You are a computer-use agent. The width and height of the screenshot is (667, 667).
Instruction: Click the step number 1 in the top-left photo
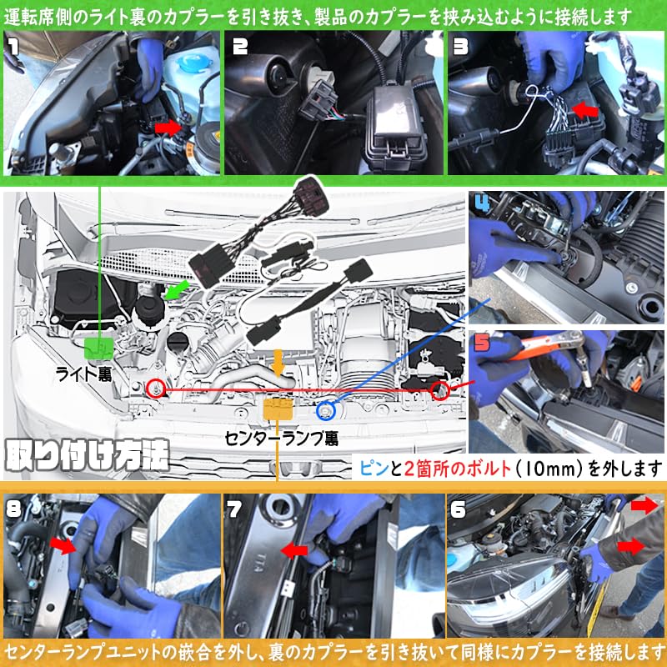pos(14,46)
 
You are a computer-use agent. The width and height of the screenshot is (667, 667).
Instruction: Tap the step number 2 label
pos(240,47)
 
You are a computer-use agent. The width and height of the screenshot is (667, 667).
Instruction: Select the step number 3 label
pos(461,47)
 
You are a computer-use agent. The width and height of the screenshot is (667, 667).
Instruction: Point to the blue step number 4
pos(483,204)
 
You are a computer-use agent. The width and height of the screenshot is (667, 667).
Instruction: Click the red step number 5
pos(482,343)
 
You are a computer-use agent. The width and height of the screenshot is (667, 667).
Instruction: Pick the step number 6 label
pos(458,509)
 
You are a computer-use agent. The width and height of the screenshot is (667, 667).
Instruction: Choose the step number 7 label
pos(235,509)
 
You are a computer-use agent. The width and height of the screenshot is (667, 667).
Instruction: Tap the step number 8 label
pos(14,509)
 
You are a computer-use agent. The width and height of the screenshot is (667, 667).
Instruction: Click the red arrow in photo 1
pos(168,128)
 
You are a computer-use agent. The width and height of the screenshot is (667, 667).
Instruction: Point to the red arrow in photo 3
pos(585,111)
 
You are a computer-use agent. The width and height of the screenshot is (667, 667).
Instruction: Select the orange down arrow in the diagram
pos(278,363)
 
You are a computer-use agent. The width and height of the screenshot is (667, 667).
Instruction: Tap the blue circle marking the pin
pos(326,411)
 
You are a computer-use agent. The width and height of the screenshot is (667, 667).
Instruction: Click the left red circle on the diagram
pos(156,389)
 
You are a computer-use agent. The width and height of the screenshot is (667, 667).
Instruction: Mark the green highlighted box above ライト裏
pos(98,349)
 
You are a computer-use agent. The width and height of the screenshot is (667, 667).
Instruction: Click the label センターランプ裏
pos(281,439)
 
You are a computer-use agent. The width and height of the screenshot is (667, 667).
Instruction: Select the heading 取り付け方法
pos(88,455)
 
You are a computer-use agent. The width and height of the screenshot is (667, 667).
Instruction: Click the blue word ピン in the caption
pos(374,469)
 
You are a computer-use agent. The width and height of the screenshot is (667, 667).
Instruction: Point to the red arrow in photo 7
pos(294,551)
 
